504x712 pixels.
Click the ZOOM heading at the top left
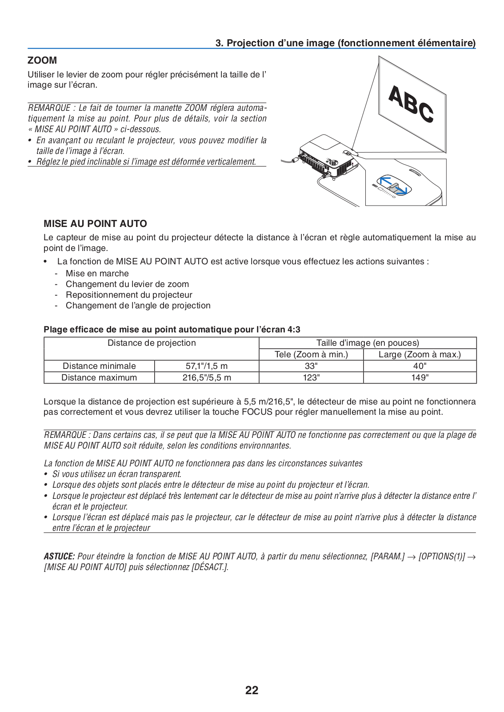(x=42, y=60)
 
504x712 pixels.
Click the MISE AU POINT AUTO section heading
(x=95, y=224)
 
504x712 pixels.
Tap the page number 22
(x=252, y=690)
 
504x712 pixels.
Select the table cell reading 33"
(x=311, y=366)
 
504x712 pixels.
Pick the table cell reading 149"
(x=420, y=377)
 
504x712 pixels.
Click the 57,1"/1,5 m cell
(x=207, y=366)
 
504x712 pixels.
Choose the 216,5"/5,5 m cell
(x=207, y=377)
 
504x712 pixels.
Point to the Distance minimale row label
(x=99, y=366)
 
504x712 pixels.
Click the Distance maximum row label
(x=99, y=377)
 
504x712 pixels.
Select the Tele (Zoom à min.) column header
(x=311, y=354)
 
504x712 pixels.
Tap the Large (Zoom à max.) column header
(x=420, y=354)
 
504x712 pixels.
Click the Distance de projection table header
(x=152, y=343)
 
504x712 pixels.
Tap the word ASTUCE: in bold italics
(x=59, y=556)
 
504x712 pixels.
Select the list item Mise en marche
(x=97, y=274)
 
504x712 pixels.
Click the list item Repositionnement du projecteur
(x=129, y=295)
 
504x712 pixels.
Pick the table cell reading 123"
(x=311, y=377)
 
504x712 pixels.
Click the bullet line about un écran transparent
(x=116, y=474)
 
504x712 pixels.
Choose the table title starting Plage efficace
(x=172, y=330)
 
